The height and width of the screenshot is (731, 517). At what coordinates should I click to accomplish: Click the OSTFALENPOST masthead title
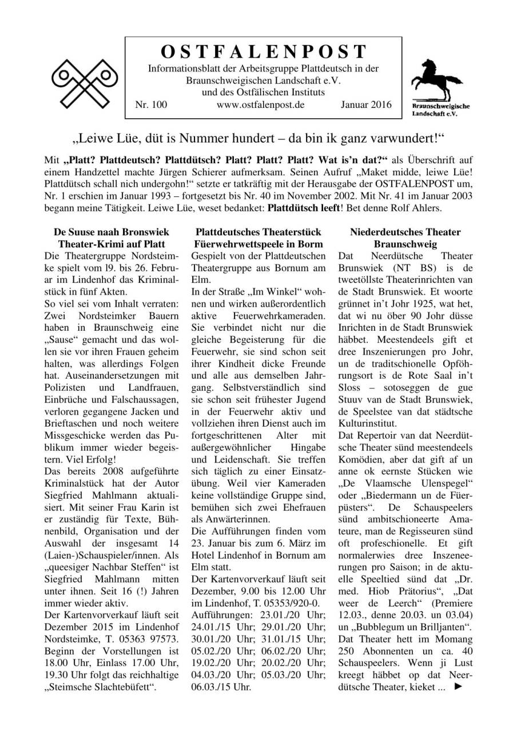[263, 52]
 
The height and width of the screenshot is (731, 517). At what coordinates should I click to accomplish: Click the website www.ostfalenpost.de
[260, 105]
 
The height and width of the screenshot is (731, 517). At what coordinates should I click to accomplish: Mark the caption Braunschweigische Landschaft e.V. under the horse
[433, 110]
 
